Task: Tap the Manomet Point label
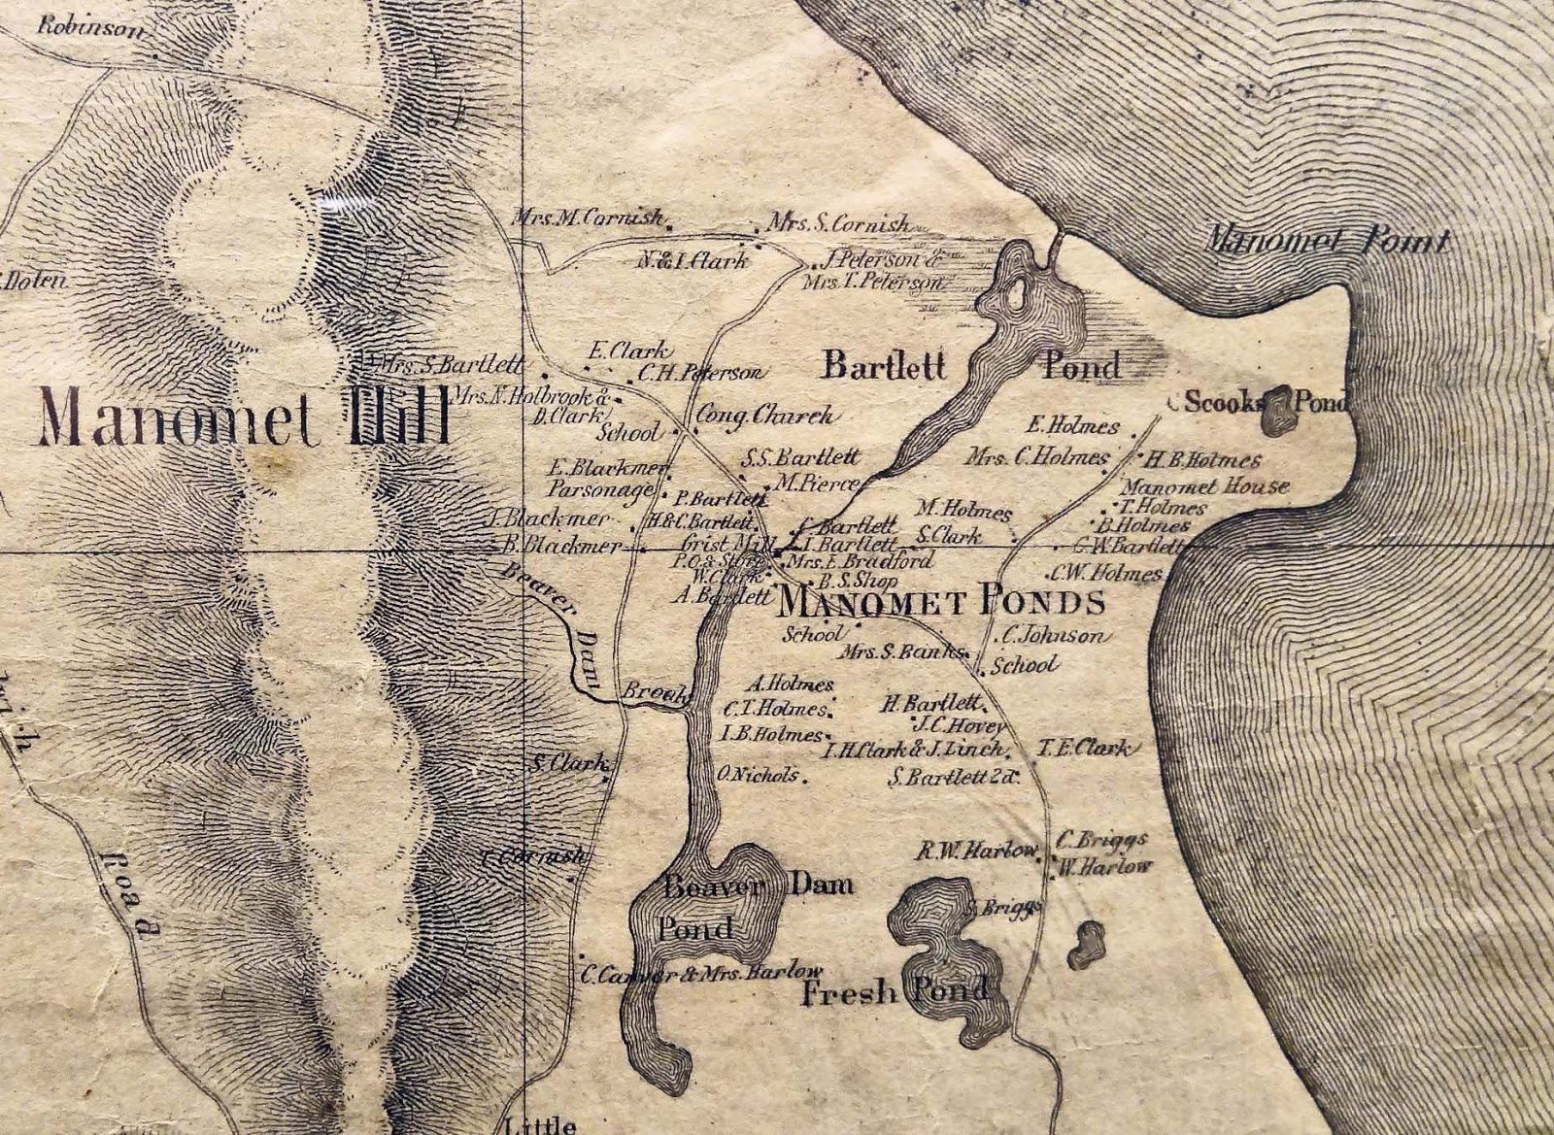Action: tap(1327, 241)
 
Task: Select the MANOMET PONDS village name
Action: tap(942, 603)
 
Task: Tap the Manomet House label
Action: tap(1205, 486)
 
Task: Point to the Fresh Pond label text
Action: tap(894, 992)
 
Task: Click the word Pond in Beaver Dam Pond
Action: tap(694, 928)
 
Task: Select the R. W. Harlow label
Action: tap(977, 851)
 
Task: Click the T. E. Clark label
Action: tap(1084, 748)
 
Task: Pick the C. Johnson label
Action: tap(1051, 637)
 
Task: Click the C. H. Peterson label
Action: tap(701, 372)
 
